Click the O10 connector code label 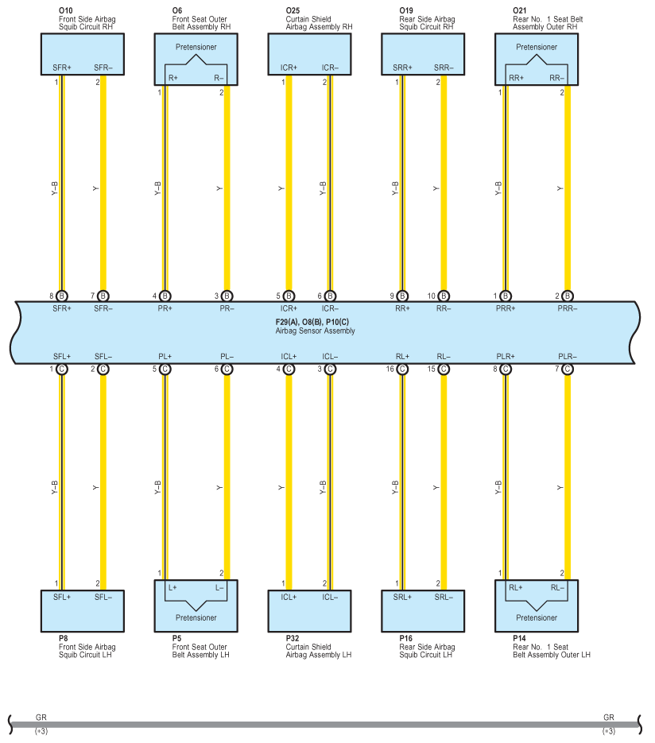point(65,10)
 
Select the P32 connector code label point(293,638)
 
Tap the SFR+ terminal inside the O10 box point(62,68)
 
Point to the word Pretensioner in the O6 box point(196,47)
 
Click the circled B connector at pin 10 point(444,296)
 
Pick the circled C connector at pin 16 point(402,370)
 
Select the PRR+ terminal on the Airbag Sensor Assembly point(506,308)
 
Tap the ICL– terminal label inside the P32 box point(330,597)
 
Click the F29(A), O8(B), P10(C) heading point(312,322)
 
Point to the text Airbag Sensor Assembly point(315,331)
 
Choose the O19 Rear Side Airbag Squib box point(423,54)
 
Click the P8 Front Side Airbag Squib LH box point(83,611)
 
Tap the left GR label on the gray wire point(41,718)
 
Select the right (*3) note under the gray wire point(609,731)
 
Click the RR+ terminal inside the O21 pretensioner point(516,78)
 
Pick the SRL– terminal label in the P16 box point(444,597)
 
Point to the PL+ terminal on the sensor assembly point(165,356)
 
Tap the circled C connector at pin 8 point(506,370)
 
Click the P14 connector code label point(519,638)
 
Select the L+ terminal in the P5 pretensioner point(172,587)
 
